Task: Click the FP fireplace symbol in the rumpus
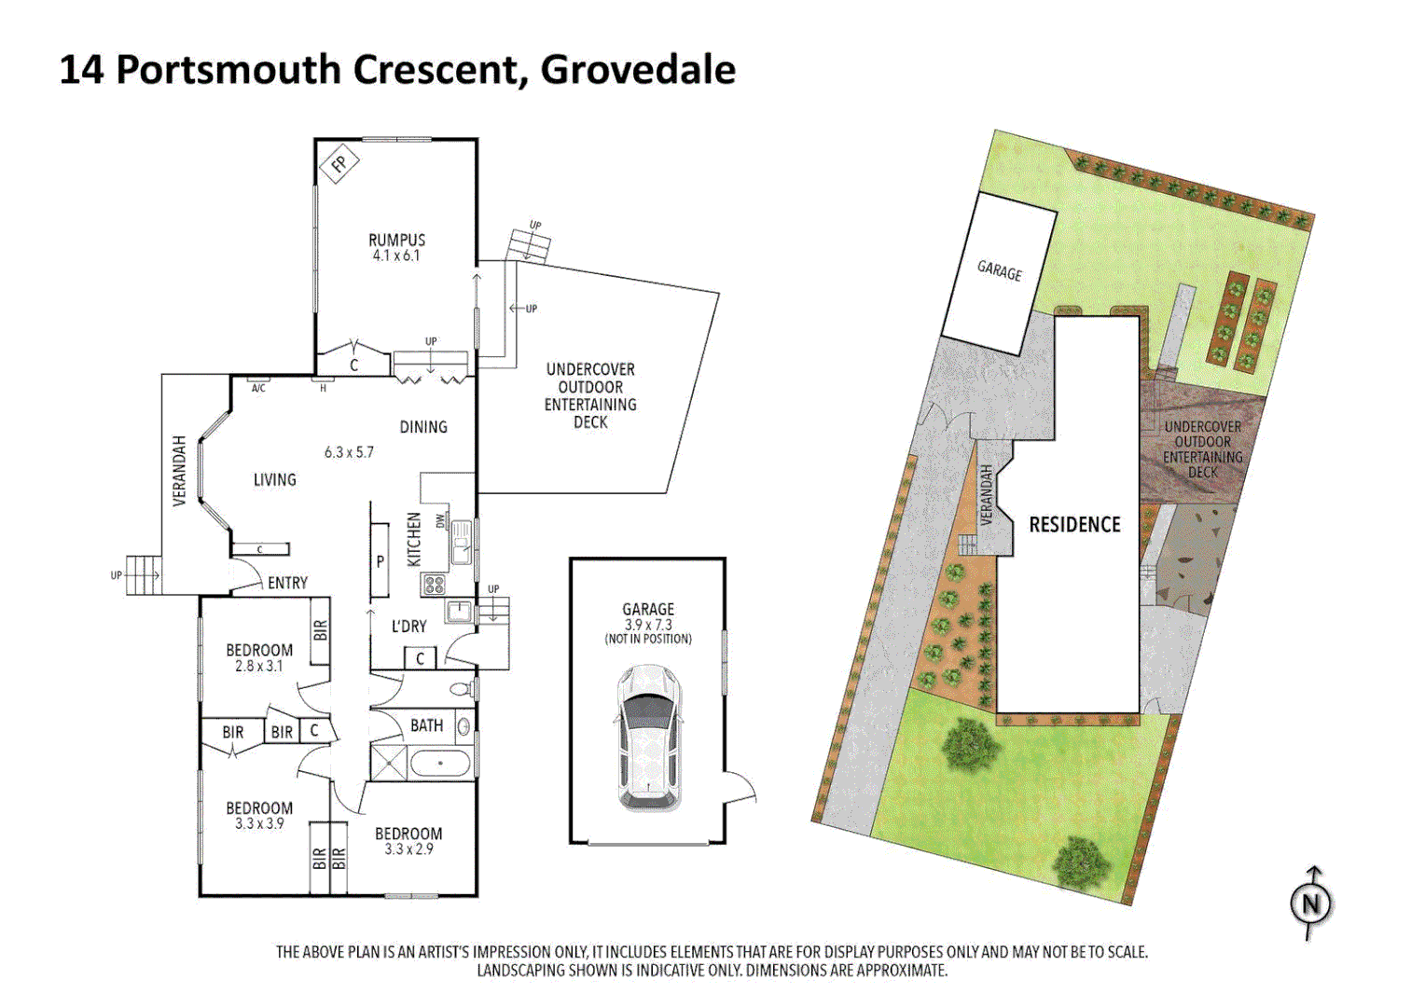[339, 165]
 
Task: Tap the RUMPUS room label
[396, 240]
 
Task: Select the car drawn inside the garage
[648, 737]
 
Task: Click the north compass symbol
[1310, 903]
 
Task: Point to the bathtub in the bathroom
[440, 765]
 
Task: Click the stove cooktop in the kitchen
[435, 585]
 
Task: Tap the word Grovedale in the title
[638, 70]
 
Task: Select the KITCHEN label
[414, 538]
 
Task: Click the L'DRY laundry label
[408, 627]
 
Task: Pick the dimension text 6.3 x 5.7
[349, 452]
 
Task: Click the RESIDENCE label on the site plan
[1074, 525]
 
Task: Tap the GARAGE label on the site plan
[999, 270]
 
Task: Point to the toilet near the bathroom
[461, 690]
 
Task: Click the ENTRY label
[287, 583]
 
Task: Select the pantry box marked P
[380, 561]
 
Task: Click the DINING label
[423, 427]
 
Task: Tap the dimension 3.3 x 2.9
[408, 849]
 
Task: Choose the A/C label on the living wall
[258, 388]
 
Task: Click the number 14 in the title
[81, 70]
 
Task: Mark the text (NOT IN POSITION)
[648, 640]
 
